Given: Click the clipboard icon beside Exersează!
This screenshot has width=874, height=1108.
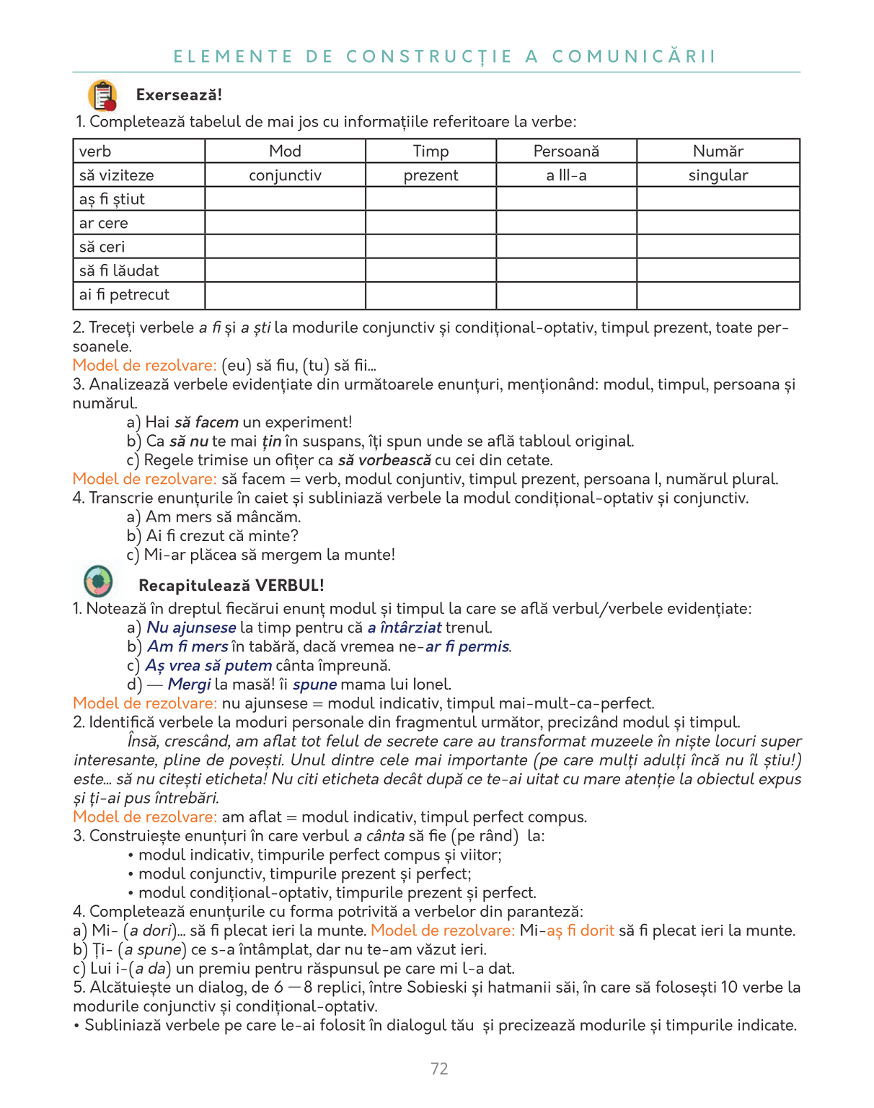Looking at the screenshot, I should pyautogui.click(x=102, y=95).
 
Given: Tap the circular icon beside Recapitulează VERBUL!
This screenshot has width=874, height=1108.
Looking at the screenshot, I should pyautogui.click(x=98, y=581).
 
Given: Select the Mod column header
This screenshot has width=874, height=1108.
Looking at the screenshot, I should pyautogui.click(x=285, y=151).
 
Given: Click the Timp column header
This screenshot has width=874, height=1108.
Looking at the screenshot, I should pyautogui.click(x=431, y=151).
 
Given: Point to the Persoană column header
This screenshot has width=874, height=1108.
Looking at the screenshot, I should pyautogui.click(x=566, y=151).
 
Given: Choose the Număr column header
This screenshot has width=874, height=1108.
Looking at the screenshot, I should pyautogui.click(x=718, y=151).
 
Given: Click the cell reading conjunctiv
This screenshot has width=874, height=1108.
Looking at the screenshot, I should pyautogui.click(x=285, y=175).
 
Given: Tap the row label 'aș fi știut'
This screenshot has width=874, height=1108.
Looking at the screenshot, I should pyautogui.click(x=112, y=199).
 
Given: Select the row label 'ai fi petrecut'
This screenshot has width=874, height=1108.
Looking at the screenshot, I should pyautogui.click(x=124, y=294).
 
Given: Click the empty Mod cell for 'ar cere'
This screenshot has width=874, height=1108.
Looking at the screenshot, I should pyautogui.click(x=285, y=223).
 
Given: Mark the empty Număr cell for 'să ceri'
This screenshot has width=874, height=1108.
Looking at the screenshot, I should pyautogui.click(x=718, y=247).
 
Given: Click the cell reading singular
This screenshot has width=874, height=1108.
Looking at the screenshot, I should pyautogui.click(x=718, y=175).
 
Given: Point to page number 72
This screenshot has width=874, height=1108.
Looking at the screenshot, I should pyautogui.click(x=439, y=1068).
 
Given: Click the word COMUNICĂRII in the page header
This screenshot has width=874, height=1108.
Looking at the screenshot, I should pyautogui.click(x=634, y=56).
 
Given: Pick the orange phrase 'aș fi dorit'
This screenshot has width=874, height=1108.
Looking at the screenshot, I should pyautogui.click(x=581, y=931).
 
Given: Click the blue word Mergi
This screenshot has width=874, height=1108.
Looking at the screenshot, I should pyautogui.click(x=190, y=684).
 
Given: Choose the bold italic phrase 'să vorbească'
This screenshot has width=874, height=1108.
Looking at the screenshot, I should pyautogui.click(x=384, y=460).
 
